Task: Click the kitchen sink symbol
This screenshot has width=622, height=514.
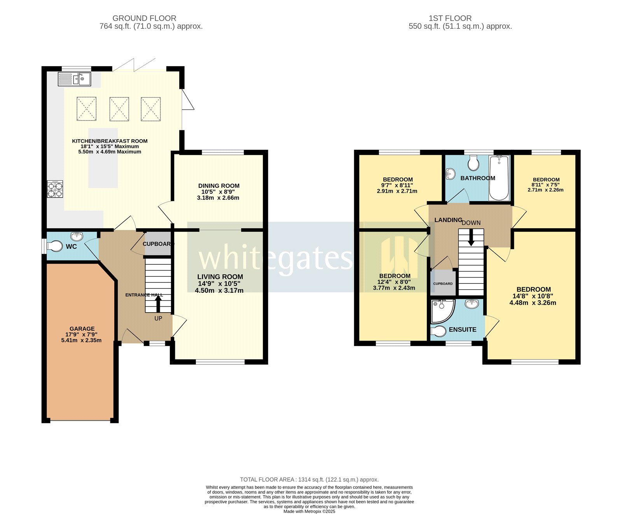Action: coord(74,79)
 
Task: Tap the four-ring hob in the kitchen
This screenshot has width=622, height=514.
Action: coord(55,189)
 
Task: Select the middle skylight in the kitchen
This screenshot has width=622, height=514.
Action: coord(119,109)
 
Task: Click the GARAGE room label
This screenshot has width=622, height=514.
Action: coord(82,329)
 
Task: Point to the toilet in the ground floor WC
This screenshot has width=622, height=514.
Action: coord(55,246)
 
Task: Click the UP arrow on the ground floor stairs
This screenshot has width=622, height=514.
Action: coord(158,304)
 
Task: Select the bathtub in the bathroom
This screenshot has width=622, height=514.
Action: coord(499,178)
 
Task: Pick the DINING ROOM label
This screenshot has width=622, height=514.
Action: coord(219,186)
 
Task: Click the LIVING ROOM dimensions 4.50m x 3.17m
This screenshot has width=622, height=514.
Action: coord(219,290)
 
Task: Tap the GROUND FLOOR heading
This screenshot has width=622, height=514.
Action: coord(144,18)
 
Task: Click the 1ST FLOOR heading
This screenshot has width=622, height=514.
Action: coord(450,18)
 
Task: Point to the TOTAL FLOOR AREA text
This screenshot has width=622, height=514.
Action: coord(309,479)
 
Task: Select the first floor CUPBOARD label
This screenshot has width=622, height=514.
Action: coord(443,283)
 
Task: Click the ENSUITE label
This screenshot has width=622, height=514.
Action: coord(462,329)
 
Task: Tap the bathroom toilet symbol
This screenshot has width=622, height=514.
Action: coord(473,163)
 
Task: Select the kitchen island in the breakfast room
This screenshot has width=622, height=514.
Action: coord(103,157)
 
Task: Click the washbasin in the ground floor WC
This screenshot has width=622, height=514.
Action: coord(77,236)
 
